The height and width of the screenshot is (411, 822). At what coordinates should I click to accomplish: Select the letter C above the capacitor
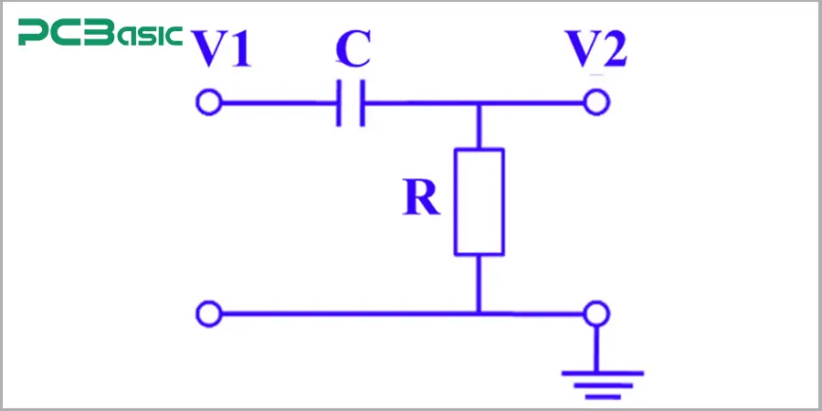tap(353, 49)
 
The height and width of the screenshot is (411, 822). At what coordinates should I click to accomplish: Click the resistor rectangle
tap(479, 201)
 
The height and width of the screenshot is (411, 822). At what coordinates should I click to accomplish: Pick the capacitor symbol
tap(351, 102)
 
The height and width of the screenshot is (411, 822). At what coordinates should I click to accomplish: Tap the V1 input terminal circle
tap(208, 102)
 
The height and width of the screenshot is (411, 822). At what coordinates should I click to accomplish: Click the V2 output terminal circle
tap(597, 102)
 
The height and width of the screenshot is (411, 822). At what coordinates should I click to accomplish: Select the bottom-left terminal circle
tap(208, 314)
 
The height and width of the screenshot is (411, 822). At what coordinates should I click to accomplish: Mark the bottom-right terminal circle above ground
tap(597, 314)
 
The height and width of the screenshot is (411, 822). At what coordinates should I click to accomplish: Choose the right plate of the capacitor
tap(363, 102)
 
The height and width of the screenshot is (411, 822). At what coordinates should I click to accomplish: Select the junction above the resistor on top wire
tap(479, 103)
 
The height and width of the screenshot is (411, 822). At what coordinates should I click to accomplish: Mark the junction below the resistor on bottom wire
tap(479, 314)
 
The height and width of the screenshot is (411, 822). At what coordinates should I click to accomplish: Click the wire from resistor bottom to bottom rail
tap(479, 283)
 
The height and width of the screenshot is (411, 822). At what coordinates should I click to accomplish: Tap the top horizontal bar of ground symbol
tap(597, 372)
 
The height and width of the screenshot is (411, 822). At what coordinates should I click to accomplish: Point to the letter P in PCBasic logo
tap(35, 36)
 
